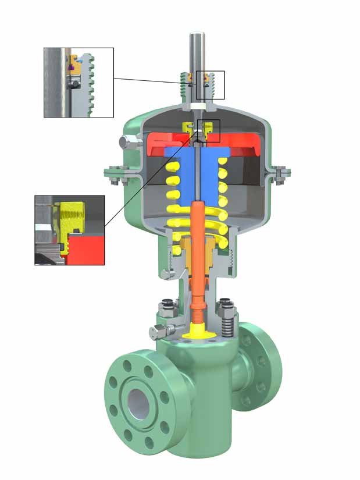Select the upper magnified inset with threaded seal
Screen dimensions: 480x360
coord(79,82)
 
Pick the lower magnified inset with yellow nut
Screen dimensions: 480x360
coord(69,230)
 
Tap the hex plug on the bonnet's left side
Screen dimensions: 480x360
coord(156,333)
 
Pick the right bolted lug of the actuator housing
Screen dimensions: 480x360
coord(280,173)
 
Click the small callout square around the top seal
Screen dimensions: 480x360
coord(210,85)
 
